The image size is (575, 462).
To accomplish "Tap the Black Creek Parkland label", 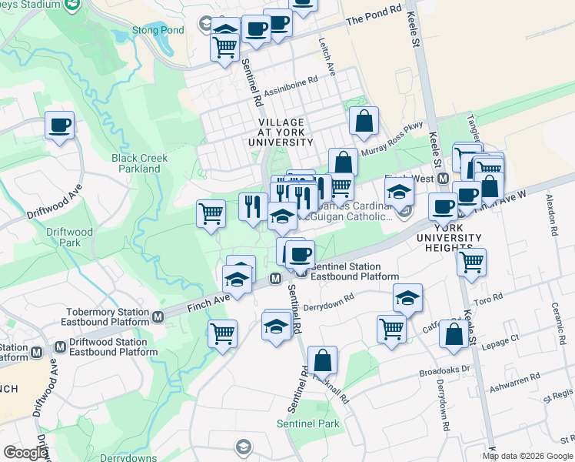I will coord(140,163).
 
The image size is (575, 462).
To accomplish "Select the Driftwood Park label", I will coord(69,237).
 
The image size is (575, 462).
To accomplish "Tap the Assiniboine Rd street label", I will coord(291,86).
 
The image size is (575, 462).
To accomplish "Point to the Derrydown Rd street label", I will coord(328,301).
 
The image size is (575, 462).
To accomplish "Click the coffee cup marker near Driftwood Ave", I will coord(59,125).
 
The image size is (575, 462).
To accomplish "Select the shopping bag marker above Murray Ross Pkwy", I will coord(364,120).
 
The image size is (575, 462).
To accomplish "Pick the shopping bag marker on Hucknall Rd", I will coord(323,360).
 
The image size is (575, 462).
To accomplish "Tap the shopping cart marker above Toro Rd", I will coord(471,261).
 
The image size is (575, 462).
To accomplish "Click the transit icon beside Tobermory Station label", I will coord(158,316).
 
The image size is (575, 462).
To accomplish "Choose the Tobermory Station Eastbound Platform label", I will coord(106,316).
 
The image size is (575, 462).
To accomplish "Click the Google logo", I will coord(25,453).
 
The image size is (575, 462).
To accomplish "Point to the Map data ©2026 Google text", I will coord(527,456).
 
